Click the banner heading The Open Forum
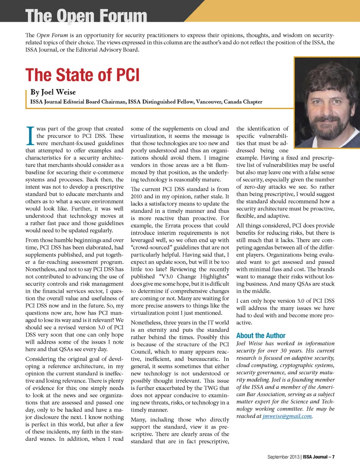click(x=86, y=16)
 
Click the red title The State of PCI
click(x=82, y=75)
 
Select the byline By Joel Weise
click(x=53, y=92)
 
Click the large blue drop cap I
click(x=30, y=136)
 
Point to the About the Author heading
click(x=261, y=336)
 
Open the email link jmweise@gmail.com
click(x=287, y=416)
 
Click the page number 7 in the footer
click(x=333, y=457)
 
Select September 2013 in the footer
click(x=283, y=457)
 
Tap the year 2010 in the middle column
click(x=136, y=196)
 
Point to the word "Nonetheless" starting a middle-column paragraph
click(x=146, y=322)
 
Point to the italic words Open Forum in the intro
click(x=52, y=35)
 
